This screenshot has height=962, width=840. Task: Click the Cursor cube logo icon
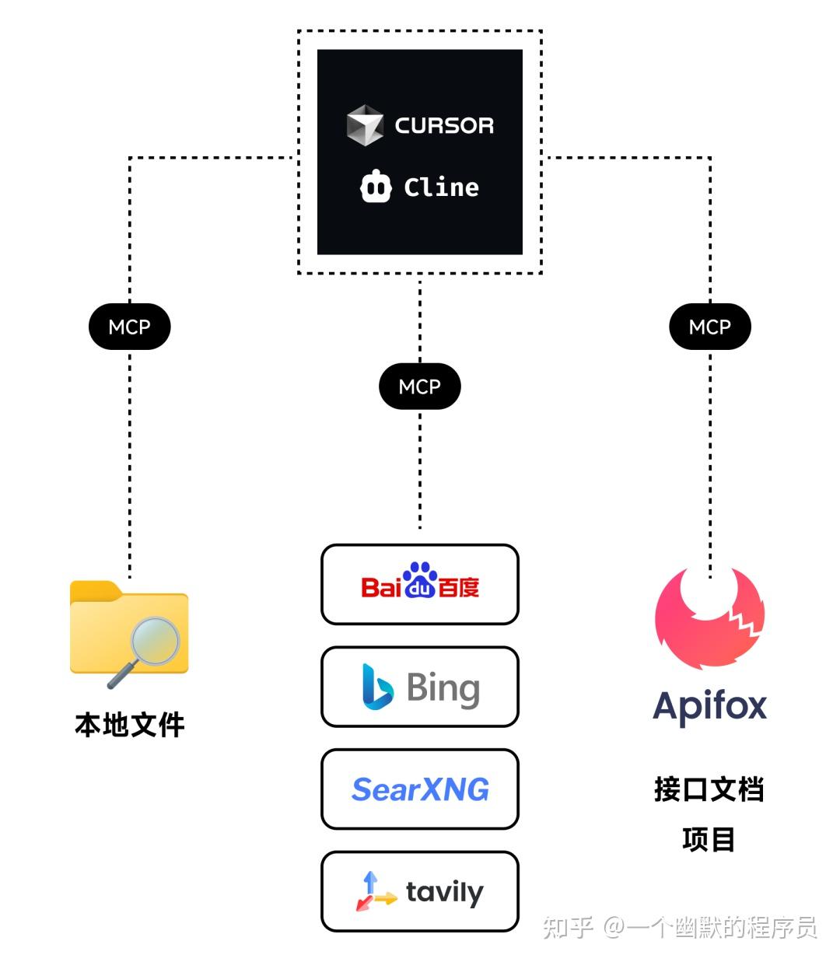point(365,125)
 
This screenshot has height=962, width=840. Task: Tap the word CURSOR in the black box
point(444,125)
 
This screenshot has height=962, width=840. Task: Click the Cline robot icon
point(376,187)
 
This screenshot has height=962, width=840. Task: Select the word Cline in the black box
point(441,187)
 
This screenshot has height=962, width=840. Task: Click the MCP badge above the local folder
point(129,327)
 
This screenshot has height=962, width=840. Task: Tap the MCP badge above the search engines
point(420,387)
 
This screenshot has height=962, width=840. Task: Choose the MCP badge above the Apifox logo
point(710,327)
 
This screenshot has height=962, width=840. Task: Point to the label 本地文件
point(130,725)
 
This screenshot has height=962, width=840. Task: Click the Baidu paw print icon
point(420,580)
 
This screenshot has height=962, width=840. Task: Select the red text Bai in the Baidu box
point(380,587)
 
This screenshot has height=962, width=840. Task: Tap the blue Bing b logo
point(377,686)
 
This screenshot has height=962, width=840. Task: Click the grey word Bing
point(443,688)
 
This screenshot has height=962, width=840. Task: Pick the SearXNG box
point(420,789)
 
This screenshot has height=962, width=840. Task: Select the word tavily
point(444,892)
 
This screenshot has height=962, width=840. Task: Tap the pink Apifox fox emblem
point(709,618)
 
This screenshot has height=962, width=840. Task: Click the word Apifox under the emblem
point(709,706)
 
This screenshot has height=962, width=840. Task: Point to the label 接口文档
point(709,789)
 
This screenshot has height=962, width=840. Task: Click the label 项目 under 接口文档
point(709,840)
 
